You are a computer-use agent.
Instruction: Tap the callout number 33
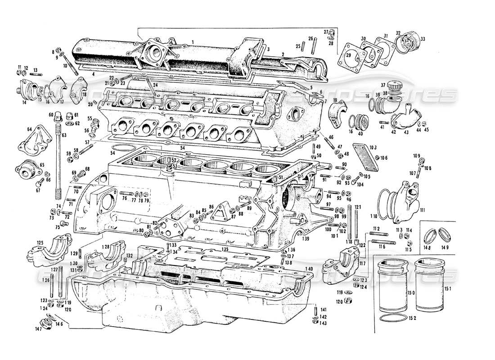coord(423,39)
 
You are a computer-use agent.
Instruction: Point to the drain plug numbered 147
coord(45,324)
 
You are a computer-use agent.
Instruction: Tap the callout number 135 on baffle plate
coord(225,247)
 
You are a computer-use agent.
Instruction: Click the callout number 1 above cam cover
coord(193,41)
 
